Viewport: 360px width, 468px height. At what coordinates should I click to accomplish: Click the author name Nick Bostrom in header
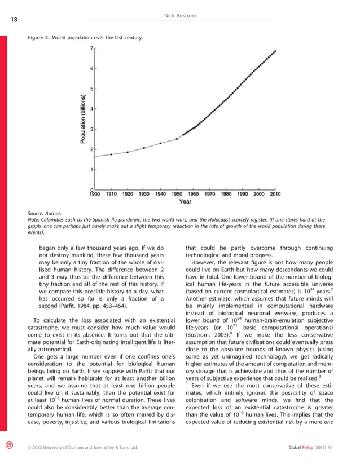point(180,16)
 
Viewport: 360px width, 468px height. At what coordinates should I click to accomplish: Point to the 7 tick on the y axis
point(92,49)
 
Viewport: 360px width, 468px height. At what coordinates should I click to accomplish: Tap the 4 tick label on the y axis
point(92,109)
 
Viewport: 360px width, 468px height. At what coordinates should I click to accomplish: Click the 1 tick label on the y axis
point(92,169)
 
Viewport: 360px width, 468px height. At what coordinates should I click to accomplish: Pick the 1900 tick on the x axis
point(95,193)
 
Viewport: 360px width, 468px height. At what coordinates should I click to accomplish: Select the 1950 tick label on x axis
point(177,193)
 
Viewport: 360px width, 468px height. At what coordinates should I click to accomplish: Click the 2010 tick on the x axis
point(275,193)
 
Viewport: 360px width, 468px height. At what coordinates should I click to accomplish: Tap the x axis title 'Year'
point(185,201)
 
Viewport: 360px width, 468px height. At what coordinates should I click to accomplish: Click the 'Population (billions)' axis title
point(83,119)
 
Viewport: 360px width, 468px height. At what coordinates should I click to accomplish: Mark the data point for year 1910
point(111,154)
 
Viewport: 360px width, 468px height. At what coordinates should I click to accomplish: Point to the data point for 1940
point(160,143)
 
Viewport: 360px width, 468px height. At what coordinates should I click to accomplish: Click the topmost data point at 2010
point(275,51)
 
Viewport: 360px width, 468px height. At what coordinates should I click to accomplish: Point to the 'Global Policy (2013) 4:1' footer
point(318,463)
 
